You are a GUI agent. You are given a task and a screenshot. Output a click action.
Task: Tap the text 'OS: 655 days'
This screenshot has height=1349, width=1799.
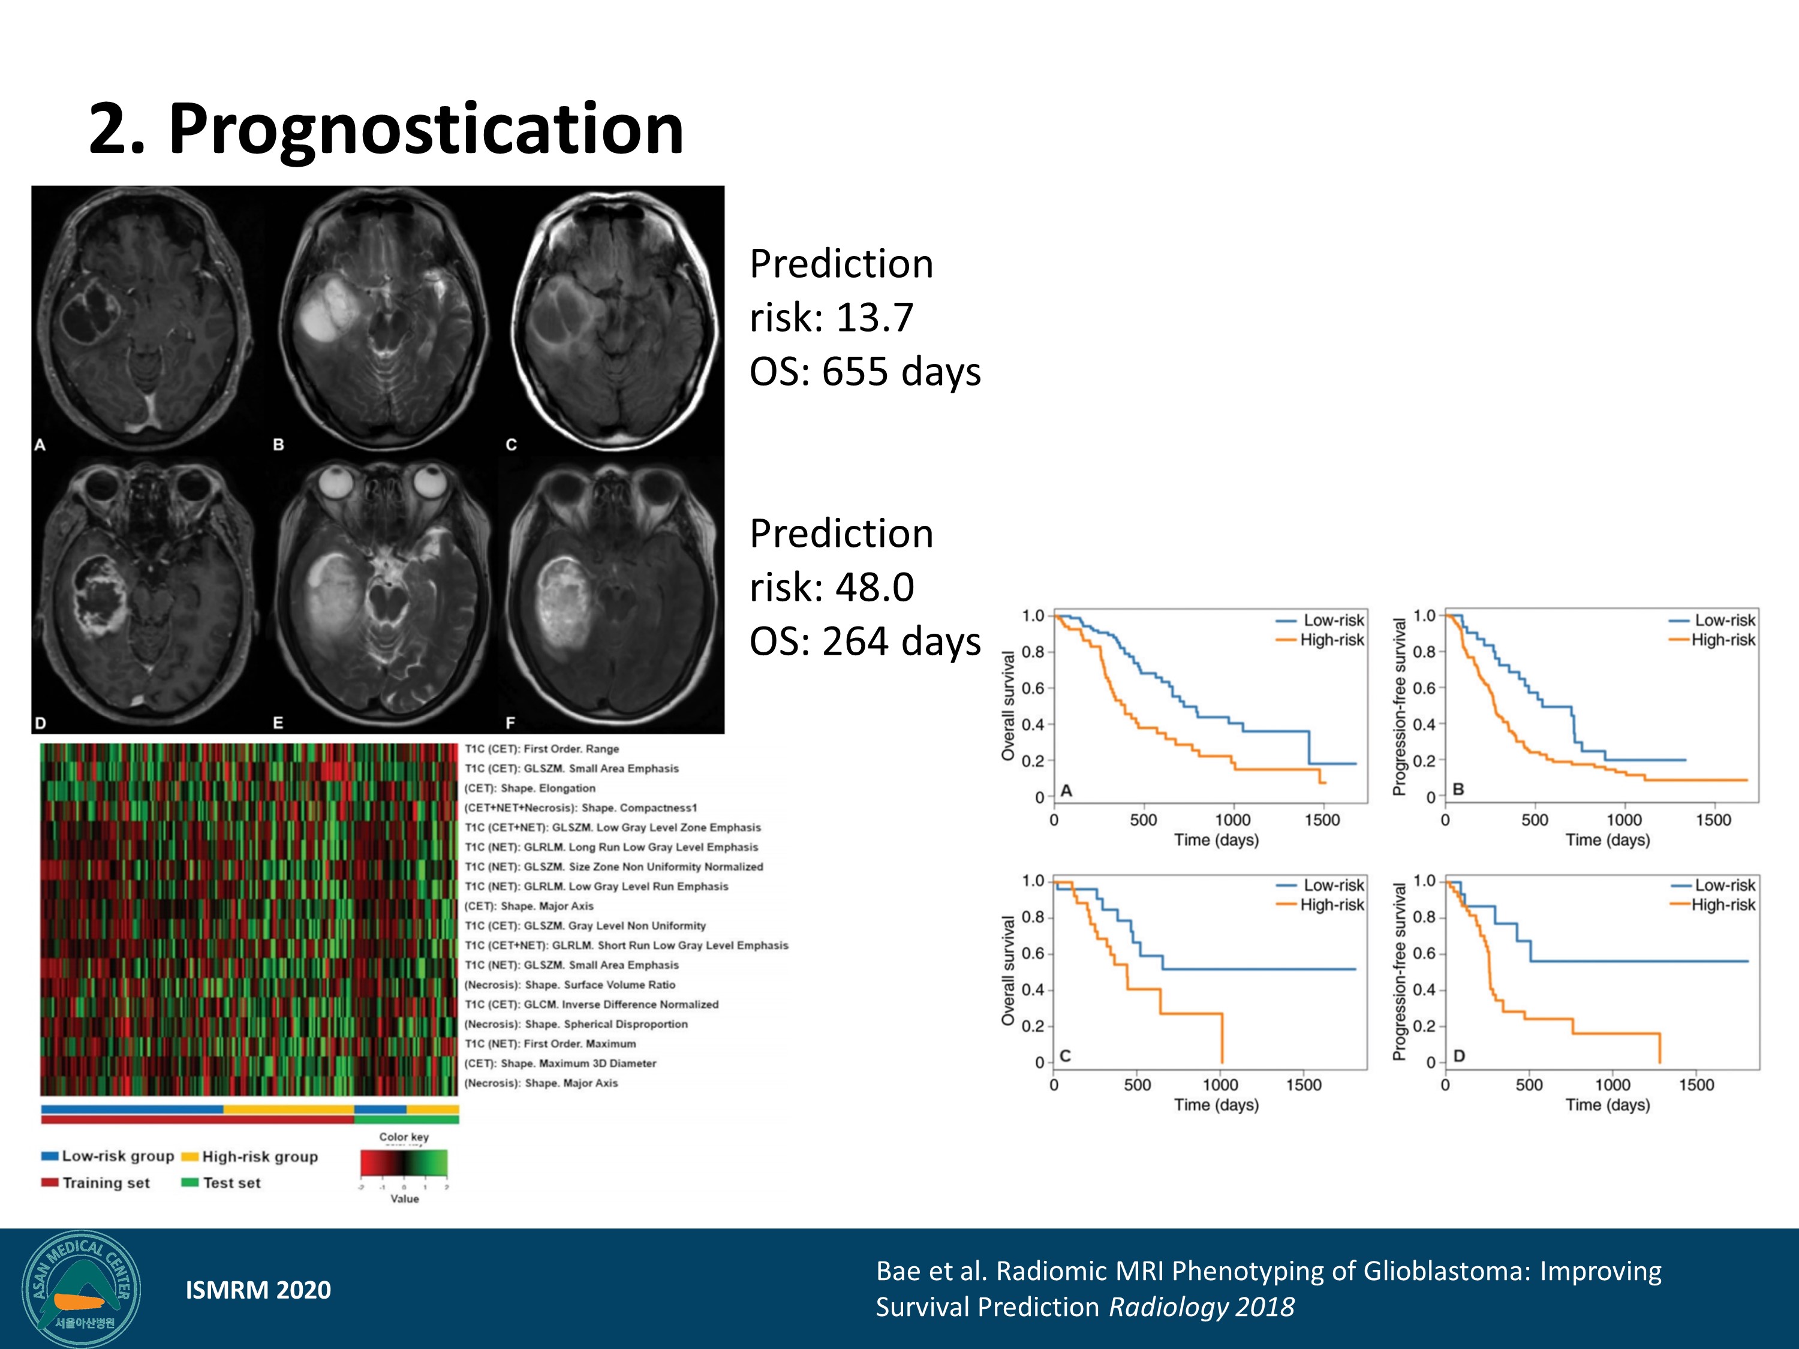pyautogui.click(x=865, y=372)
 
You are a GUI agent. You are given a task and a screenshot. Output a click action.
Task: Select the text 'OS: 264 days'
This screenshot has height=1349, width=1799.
pyautogui.click(x=865, y=642)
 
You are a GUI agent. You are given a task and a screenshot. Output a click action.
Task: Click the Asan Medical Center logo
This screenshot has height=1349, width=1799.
pyautogui.click(x=82, y=1290)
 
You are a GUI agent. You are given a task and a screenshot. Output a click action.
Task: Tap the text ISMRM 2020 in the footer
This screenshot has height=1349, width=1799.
pyautogui.click(x=258, y=1290)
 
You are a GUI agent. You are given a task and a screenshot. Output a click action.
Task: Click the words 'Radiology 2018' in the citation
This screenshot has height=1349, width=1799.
pyautogui.click(x=1201, y=1306)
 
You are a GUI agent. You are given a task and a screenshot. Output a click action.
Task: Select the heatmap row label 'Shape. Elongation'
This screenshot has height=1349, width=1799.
pyautogui.click(x=547, y=788)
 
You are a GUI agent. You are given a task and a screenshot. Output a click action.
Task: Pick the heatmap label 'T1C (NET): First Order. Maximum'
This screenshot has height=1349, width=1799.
pyautogui.click(x=550, y=1043)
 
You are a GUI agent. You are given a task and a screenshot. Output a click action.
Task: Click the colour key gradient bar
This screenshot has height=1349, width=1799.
pyautogui.click(x=404, y=1163)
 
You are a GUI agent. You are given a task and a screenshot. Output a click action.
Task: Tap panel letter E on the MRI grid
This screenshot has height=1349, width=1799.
pyautogui.click(x=278, y=722)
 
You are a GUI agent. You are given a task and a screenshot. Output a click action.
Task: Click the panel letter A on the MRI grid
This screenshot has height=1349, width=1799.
pyautogui.click(x=40, y=445)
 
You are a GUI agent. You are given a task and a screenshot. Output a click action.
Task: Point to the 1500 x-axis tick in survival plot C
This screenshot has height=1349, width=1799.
pyautogui.click(x=1303, y=1085)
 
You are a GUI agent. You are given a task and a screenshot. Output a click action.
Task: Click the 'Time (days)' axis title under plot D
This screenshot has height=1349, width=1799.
pyautogui.click(x=1607, y=1104)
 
